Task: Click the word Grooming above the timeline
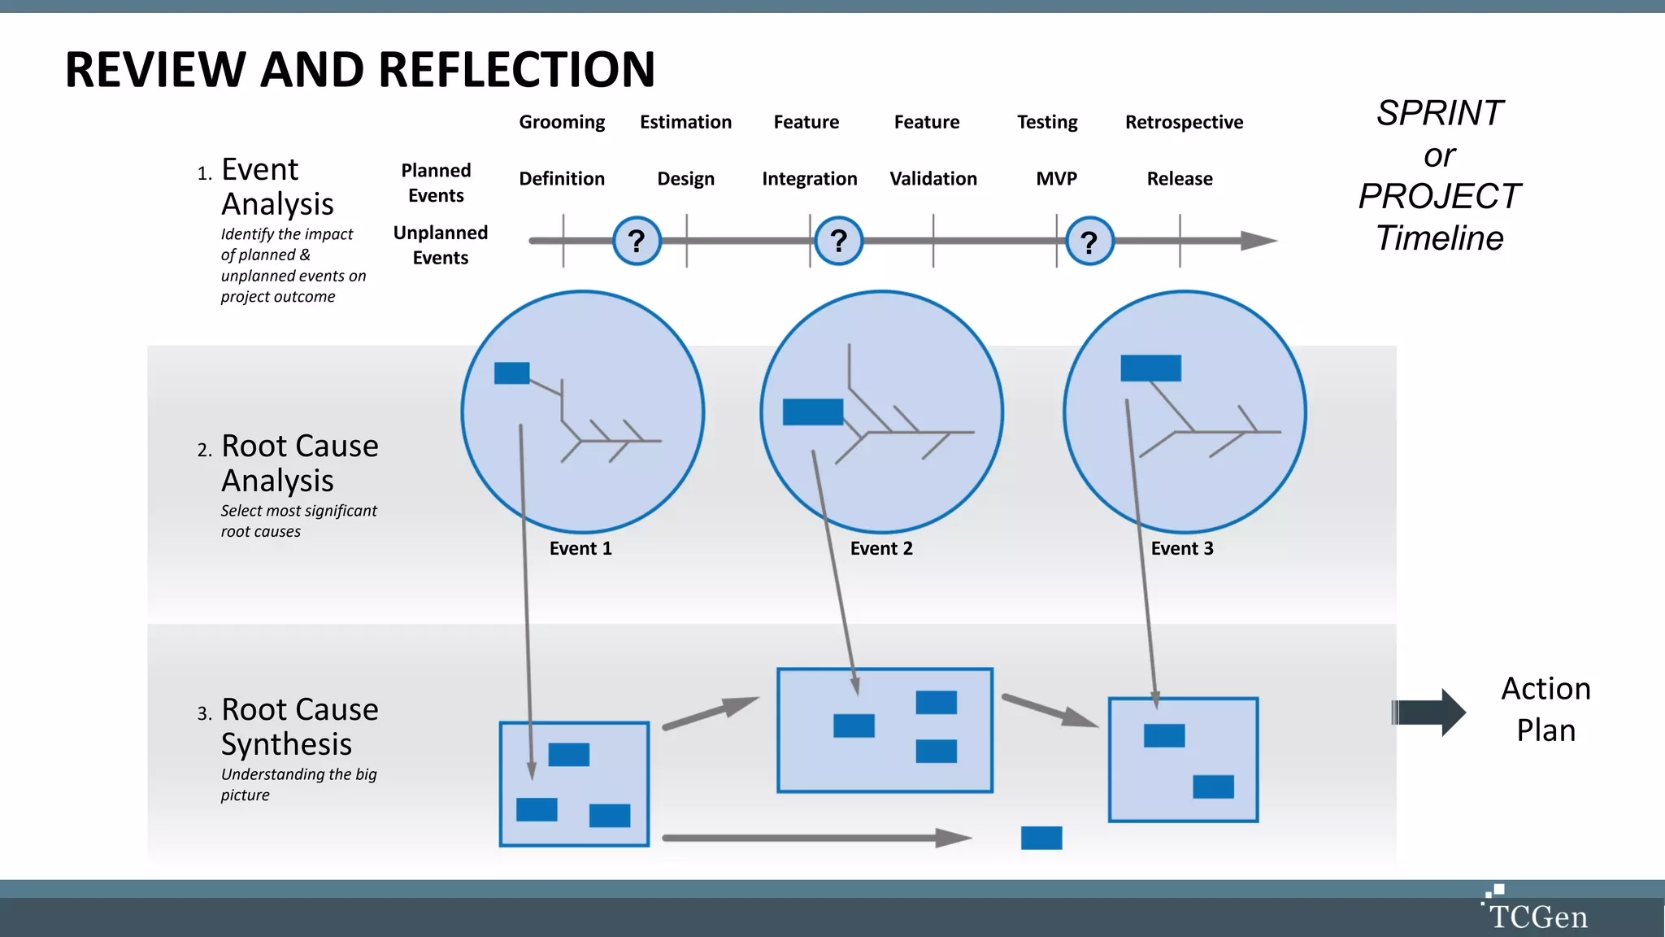[562, 122]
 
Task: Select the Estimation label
[685, 122]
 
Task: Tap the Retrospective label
[1184, 122]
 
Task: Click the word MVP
[1056, 178]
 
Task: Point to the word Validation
[932, 178]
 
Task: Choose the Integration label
[809, 178]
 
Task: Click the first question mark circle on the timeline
[637, 241]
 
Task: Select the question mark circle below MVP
[1089, 241]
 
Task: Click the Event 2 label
[881, 548]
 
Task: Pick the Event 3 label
[1182, 548]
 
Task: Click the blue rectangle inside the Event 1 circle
[511, 373]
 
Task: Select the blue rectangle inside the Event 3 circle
[1150, 368]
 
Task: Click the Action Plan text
[1545, 709]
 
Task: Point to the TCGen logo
[1535, 911]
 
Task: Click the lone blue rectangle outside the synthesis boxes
[1041, 838]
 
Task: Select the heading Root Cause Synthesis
[299, 726]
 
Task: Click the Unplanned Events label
[441, 245]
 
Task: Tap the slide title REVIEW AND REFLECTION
[359, 69]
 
